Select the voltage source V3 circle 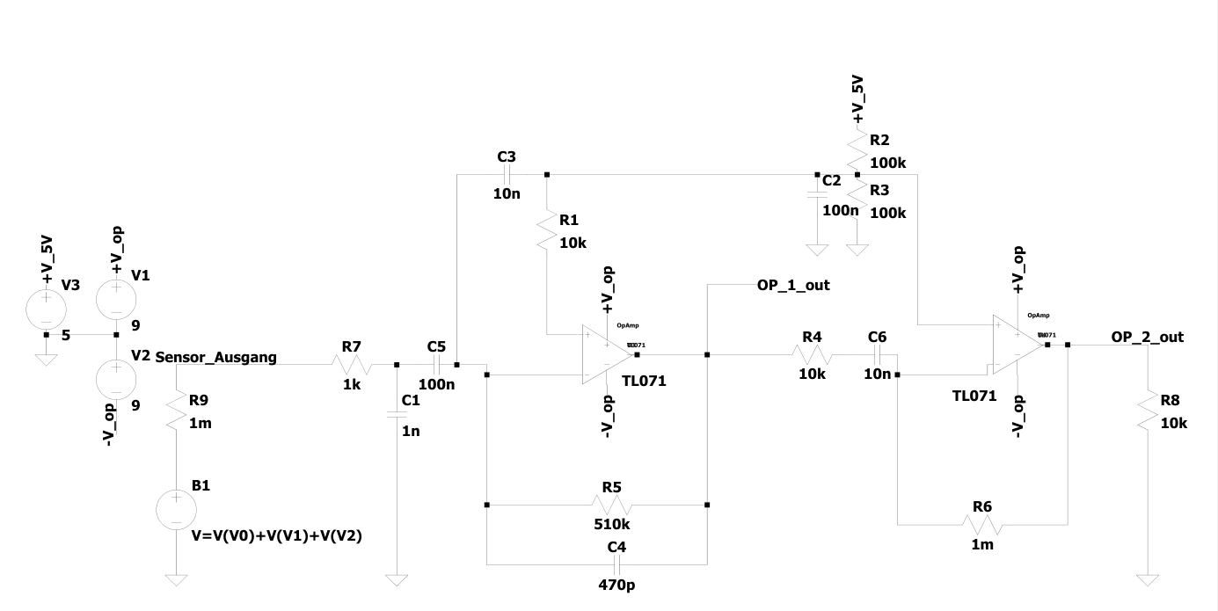pyautogui.click(x=46, y=307)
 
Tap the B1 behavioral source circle pyautogui.click(x=176, y=511)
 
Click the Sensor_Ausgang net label pyautogui.click(x=215, y=357)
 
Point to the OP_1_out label pyautogui.click(x=793, y=285)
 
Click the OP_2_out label pyautogui.click(x=1147, y=337)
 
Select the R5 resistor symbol pyautogui.click(x=611, y=506)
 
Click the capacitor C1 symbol pyautogui.click(x=397, y=416)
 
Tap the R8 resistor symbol pyautogui.click(x=1148, y=412)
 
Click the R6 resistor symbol pyautogui.click(x=982, y=525)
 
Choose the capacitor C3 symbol pyautogui.click(x=507, y=174)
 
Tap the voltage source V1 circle pyautogui.click(x=115, y=298)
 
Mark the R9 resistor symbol pyautogui.click(x=177, y=411)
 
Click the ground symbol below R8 pyautogui.click(x=1148, y=580)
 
